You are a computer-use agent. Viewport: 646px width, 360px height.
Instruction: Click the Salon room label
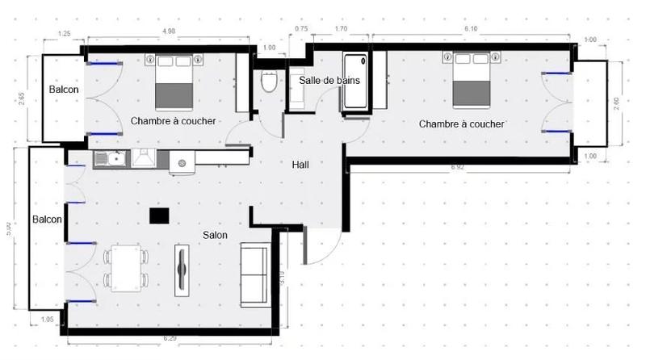pos(215,235)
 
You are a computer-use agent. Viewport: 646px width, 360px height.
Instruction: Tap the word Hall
pos(300,164)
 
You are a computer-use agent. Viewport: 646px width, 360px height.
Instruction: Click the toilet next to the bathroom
pos(269,80)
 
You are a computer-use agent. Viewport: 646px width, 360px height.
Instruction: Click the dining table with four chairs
pos(126,267)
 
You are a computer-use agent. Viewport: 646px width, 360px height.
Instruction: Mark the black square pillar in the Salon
pos(159,215)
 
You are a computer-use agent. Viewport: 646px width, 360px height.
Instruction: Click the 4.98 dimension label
pos(169,31)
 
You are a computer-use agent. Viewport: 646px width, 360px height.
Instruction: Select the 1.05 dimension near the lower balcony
pos(48,320)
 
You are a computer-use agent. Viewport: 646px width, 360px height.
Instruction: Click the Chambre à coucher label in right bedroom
pos(461,123)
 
